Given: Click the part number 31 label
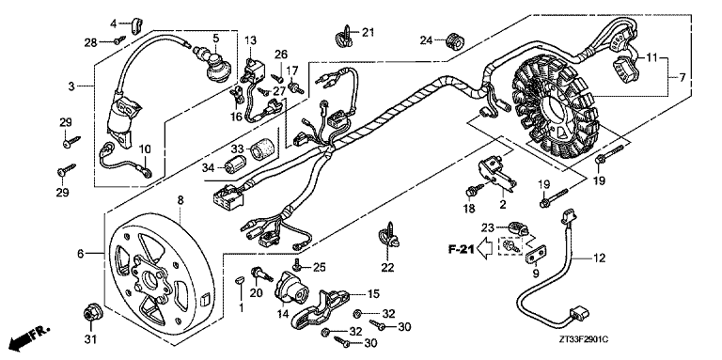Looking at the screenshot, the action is pos(90,339).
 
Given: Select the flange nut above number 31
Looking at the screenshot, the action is pos(89,315).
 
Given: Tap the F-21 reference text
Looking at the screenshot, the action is pos(461,249).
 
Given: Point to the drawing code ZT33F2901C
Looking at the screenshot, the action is pos(585,339).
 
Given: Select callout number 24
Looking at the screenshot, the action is pos(426,40).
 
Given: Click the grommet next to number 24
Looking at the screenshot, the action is pos(453,41).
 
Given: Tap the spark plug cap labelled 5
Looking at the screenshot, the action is pos(215,65).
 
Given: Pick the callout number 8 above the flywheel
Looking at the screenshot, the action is pos(180,200).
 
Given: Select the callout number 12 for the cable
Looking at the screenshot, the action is pos(600,258).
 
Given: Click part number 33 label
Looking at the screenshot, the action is pos(237,149).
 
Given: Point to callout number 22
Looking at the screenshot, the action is pos(387,268).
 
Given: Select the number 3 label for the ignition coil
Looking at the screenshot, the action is pos(71,86).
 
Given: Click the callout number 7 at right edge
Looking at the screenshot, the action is pos(682,77).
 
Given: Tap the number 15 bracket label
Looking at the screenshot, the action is pos(372,293).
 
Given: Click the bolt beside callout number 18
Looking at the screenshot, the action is pos(473,189).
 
